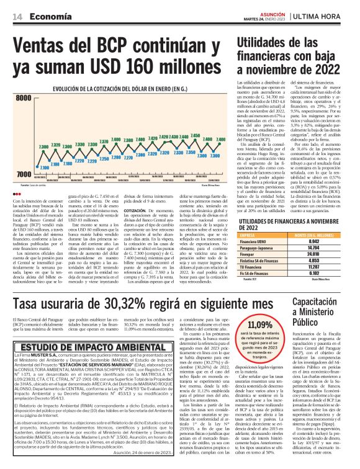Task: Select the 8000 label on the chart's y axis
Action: coord(24,98)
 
